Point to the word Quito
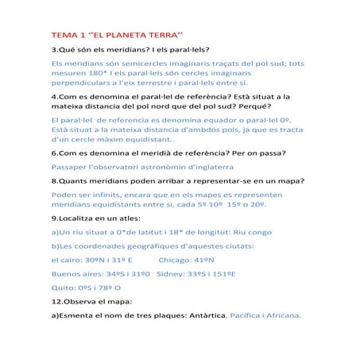click(x=63, y=288)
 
